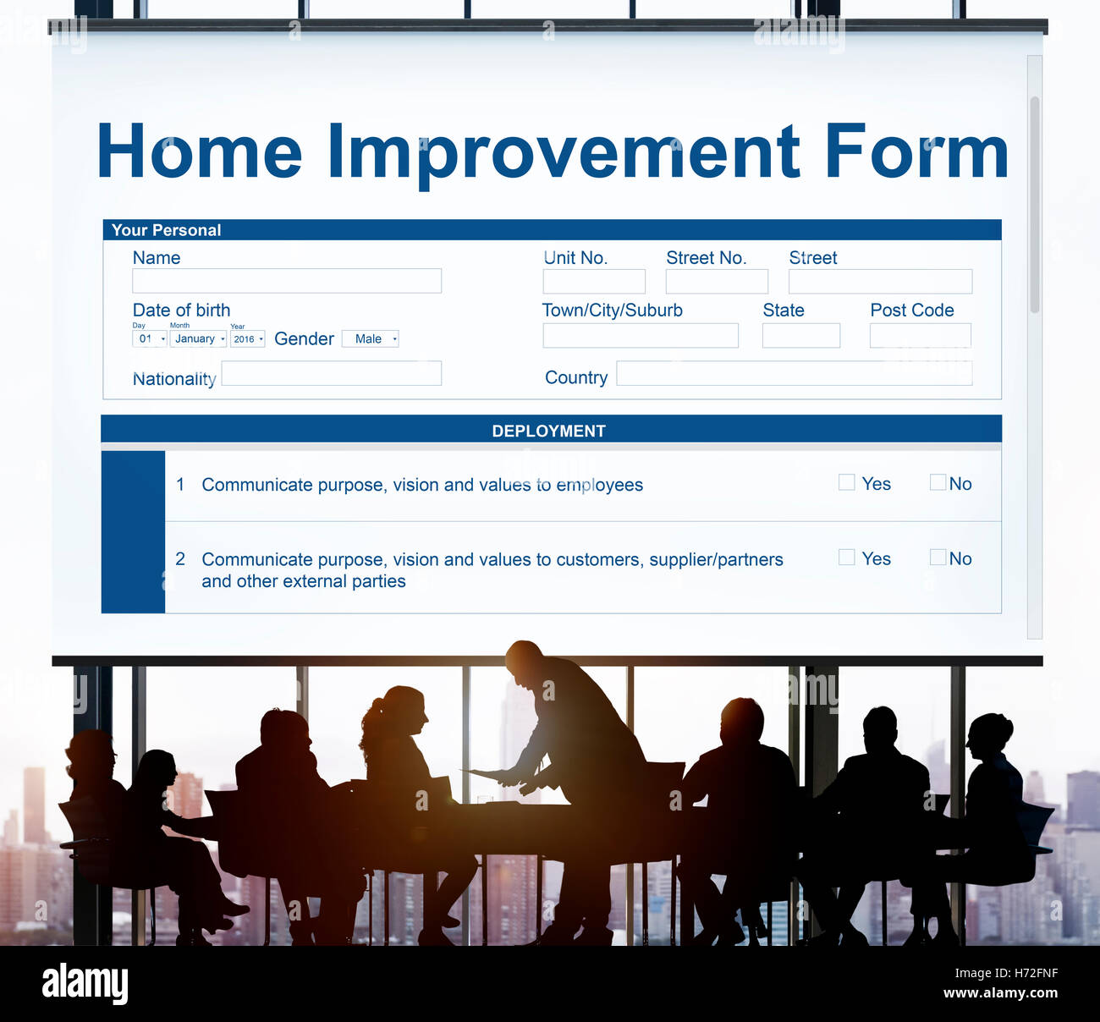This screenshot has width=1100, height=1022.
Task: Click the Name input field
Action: tap(287, 281)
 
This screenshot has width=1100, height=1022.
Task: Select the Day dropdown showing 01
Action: tap(150, 338)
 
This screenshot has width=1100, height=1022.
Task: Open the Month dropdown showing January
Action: tap(198, 338)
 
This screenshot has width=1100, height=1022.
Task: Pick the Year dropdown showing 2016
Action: tap(248, 338)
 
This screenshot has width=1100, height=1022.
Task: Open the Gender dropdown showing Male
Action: tap(370, 338)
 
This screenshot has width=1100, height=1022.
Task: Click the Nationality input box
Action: tap(331, 373)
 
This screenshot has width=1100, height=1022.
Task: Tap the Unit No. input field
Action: tap(594, 282)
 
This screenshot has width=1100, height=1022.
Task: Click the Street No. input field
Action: tap(717, 282)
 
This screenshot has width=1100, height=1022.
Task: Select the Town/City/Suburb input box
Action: tap(641, 336)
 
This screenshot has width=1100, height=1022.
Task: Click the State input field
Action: tap(801, 336)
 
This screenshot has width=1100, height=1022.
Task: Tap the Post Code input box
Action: tap(921, 336)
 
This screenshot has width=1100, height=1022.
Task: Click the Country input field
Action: tap(795, 373)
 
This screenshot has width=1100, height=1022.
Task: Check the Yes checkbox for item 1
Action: tap(846, 482)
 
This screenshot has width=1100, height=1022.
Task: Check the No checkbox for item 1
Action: tap(938, 482)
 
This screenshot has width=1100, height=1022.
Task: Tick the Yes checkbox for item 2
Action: tap(846, 558)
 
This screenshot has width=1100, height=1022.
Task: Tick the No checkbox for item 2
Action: tap(938, 558)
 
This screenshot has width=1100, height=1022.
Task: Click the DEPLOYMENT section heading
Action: tap(549, 431)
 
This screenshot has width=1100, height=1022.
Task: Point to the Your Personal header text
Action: tap(166, 230)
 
